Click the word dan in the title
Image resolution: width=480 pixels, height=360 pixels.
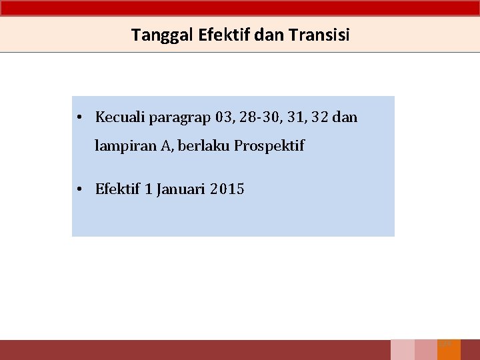click(269, 35)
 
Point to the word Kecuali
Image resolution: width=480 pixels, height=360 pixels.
click(120, 117)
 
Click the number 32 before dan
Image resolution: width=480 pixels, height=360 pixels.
click(320, 117)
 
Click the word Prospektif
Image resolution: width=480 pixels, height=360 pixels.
click(269, 146)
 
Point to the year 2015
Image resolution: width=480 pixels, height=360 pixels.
click(227, 189)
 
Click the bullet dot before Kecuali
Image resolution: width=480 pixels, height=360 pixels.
click(79, 118)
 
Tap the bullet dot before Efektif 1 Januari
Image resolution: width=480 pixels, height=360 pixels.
click(79, 190)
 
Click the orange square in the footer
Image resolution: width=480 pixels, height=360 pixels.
click(449, 349)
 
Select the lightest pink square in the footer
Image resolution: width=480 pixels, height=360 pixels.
click(402, 349)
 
